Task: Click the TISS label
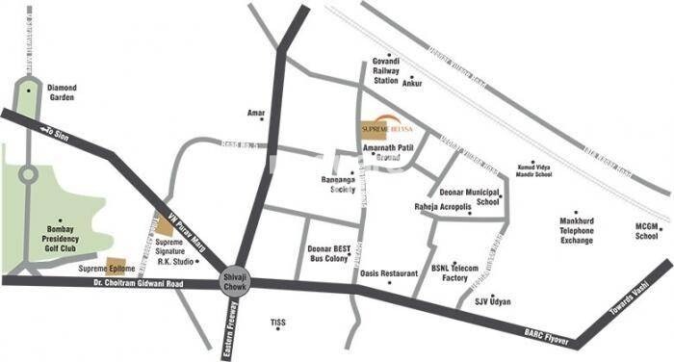pyautogui.click(x=279, y=321)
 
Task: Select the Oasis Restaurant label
pyautogui.click(x=389, y=273)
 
